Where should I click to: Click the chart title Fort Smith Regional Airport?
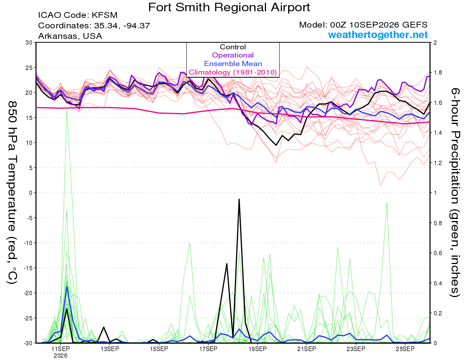click(229, 7)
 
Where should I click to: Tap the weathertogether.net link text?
click(378, 35)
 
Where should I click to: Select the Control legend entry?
click(233, 47)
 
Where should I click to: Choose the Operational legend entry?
click(233, 55)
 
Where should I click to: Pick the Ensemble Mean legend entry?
click(233, 64)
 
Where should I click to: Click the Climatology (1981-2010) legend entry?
click(233, 72)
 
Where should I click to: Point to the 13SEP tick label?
click(110, 349)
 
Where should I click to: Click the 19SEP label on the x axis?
click(257, 349)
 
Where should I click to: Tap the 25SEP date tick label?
click(405, 349)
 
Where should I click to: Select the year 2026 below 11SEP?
click(61, 356)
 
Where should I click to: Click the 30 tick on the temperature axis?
click(29, 42)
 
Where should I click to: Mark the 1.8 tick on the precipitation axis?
click(436, 73)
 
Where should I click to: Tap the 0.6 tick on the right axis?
click(436, 253)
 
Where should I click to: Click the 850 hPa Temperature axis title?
click(12, 193)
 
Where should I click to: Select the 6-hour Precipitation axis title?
click(455, 192)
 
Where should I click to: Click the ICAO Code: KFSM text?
click(78, 15)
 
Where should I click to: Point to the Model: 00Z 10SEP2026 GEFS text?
click(363, 25)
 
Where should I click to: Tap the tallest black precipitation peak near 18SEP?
click(239, 199)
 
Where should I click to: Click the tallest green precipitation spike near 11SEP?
click(67, 110)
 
